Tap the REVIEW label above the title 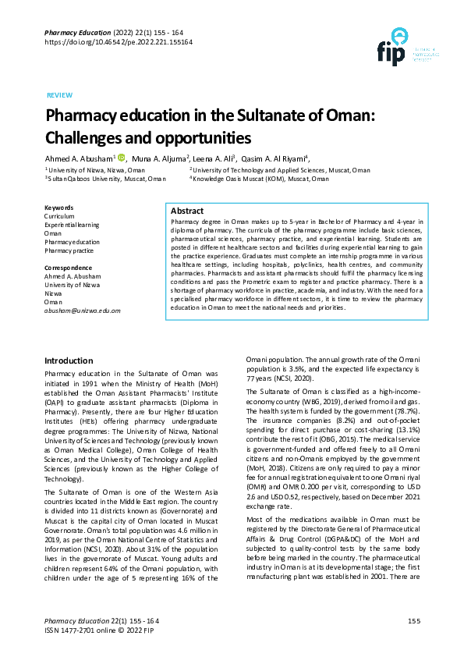tap(59, 94)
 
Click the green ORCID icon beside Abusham tap(121, 157)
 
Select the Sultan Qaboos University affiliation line tap(105, 179)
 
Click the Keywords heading tap(59, 208)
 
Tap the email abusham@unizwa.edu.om tap(83, 311)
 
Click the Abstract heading tap(187, 211)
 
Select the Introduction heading tap(69, 360)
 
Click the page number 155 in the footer tap(414, 620)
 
